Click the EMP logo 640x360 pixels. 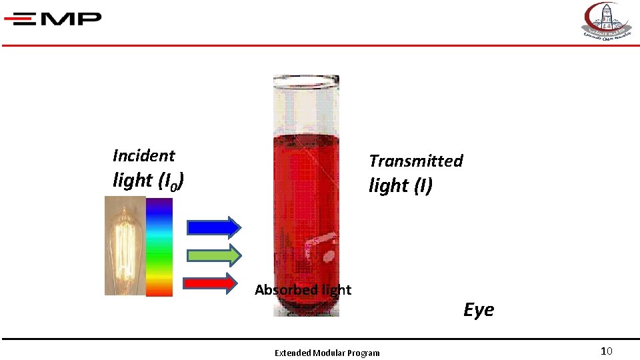coord(53,19)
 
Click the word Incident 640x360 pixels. coord(143,156)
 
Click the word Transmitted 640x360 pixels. coord(415,161)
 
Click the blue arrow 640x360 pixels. coord(213,227)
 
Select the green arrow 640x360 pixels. coord(213,255)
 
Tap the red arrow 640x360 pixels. coord(210,283)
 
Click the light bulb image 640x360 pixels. coord(124,245)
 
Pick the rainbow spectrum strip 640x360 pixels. coord(159,247)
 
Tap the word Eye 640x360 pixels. coord(479,310)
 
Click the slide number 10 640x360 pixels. coord(606,351)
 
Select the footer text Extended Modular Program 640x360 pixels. coord(327,353)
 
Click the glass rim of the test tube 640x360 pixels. coord(305,81)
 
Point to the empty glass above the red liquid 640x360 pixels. coord(305,110)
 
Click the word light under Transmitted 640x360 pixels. coord(388,186)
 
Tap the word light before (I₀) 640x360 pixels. coord(133,180)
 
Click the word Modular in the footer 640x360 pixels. coord(330,353)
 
